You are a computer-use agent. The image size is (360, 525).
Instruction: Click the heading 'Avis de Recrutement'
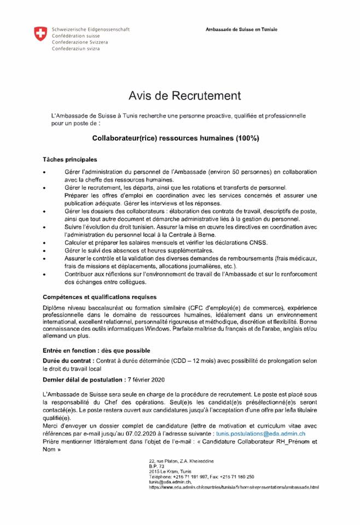(184, 96)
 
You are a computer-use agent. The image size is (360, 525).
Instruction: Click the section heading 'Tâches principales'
(69, 160)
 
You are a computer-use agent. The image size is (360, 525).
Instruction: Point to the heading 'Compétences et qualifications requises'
(100, 297)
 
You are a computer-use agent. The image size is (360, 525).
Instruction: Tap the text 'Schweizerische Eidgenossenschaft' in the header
(90, 29)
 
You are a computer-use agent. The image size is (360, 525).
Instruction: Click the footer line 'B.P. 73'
(157, 466)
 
